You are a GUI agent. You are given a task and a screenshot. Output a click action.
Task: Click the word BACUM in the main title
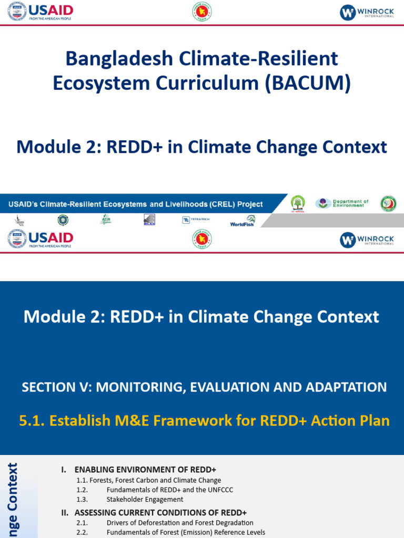pyautogui.click(x=311, y=83)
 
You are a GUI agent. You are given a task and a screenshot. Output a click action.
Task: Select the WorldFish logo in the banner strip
pyautogui.click(x=243, y=221)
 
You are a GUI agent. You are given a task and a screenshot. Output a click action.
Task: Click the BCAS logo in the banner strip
pyautogui.click(x=149, y=220)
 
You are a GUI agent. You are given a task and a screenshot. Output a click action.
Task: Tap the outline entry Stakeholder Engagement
pyautogui.click(x=145, y=500)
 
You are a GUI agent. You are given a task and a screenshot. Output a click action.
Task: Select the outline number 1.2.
pyautogui.click(x=82, y=490)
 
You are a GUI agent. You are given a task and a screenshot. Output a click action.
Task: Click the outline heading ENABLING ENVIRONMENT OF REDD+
pyautogui.click(x=145, y=470)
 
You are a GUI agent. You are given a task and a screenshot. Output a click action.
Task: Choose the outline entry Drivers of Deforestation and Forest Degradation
pyautogui.click(x=180, y=523)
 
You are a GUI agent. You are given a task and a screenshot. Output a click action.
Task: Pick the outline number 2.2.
pyautogui.click(x=82, y=533)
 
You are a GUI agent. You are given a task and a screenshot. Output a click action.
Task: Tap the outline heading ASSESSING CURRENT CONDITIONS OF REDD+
pyautogui.click(x=160, y=512)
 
